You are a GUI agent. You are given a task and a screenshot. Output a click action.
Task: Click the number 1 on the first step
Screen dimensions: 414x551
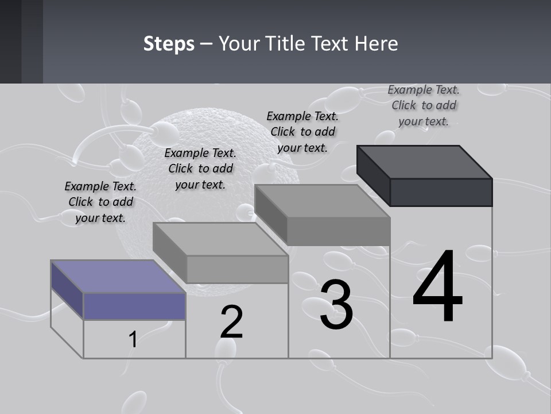tap(133, 340)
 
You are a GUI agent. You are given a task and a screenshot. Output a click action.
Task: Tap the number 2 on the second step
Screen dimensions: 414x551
tap(231, 322)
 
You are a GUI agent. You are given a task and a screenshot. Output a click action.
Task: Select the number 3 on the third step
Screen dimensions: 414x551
tap(336, 305)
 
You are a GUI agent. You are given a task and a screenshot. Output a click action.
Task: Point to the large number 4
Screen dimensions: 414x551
tap(437, 287)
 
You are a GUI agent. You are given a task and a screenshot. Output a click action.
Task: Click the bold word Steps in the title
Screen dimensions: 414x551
tap(169, 44)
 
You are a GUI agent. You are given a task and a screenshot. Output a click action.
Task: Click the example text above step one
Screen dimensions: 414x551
tap(100, 202)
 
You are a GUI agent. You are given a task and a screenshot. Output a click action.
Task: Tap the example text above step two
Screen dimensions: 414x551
tap(200, 168)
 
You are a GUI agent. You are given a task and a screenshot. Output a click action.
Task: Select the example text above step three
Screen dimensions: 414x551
tap(302, 132)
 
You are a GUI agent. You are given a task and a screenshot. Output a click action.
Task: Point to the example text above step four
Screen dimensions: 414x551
tap(424, 105)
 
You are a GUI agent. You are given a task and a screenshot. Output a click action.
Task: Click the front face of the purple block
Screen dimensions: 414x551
tap(134, 306)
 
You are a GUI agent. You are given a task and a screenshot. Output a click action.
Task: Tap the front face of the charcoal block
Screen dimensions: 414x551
tap(441, 192)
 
